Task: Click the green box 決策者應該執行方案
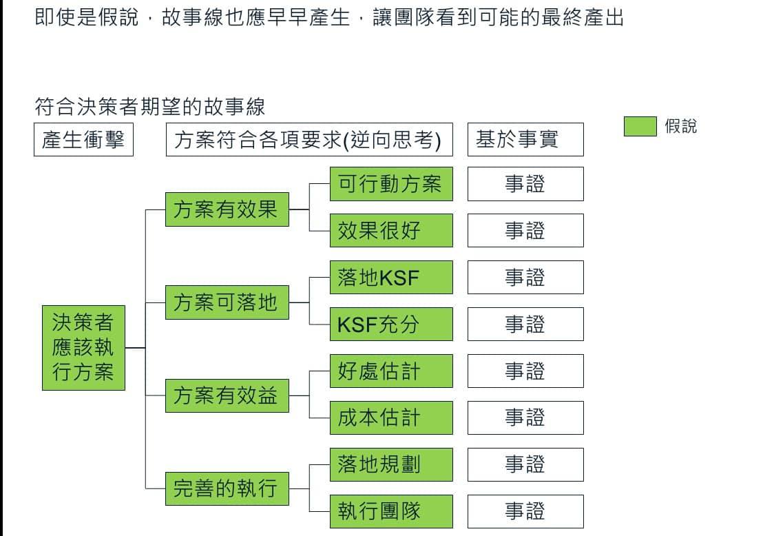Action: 83,347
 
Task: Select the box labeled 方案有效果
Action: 227,209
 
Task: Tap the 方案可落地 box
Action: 227,302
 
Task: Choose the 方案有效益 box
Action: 227,395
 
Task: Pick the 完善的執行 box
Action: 227,488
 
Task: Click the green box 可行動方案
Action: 391,184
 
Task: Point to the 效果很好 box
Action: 391,230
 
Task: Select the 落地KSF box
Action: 391,277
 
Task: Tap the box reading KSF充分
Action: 391,324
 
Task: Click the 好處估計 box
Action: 391,371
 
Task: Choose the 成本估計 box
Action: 391,418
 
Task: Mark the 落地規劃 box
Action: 391,464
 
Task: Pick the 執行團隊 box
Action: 391,511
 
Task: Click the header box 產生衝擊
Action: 83,140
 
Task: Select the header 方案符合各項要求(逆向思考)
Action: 309,140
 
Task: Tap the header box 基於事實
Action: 525,140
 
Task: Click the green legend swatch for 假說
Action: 640,127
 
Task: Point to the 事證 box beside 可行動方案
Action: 525,184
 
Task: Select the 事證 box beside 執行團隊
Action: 525,511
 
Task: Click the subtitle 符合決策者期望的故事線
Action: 149,107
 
